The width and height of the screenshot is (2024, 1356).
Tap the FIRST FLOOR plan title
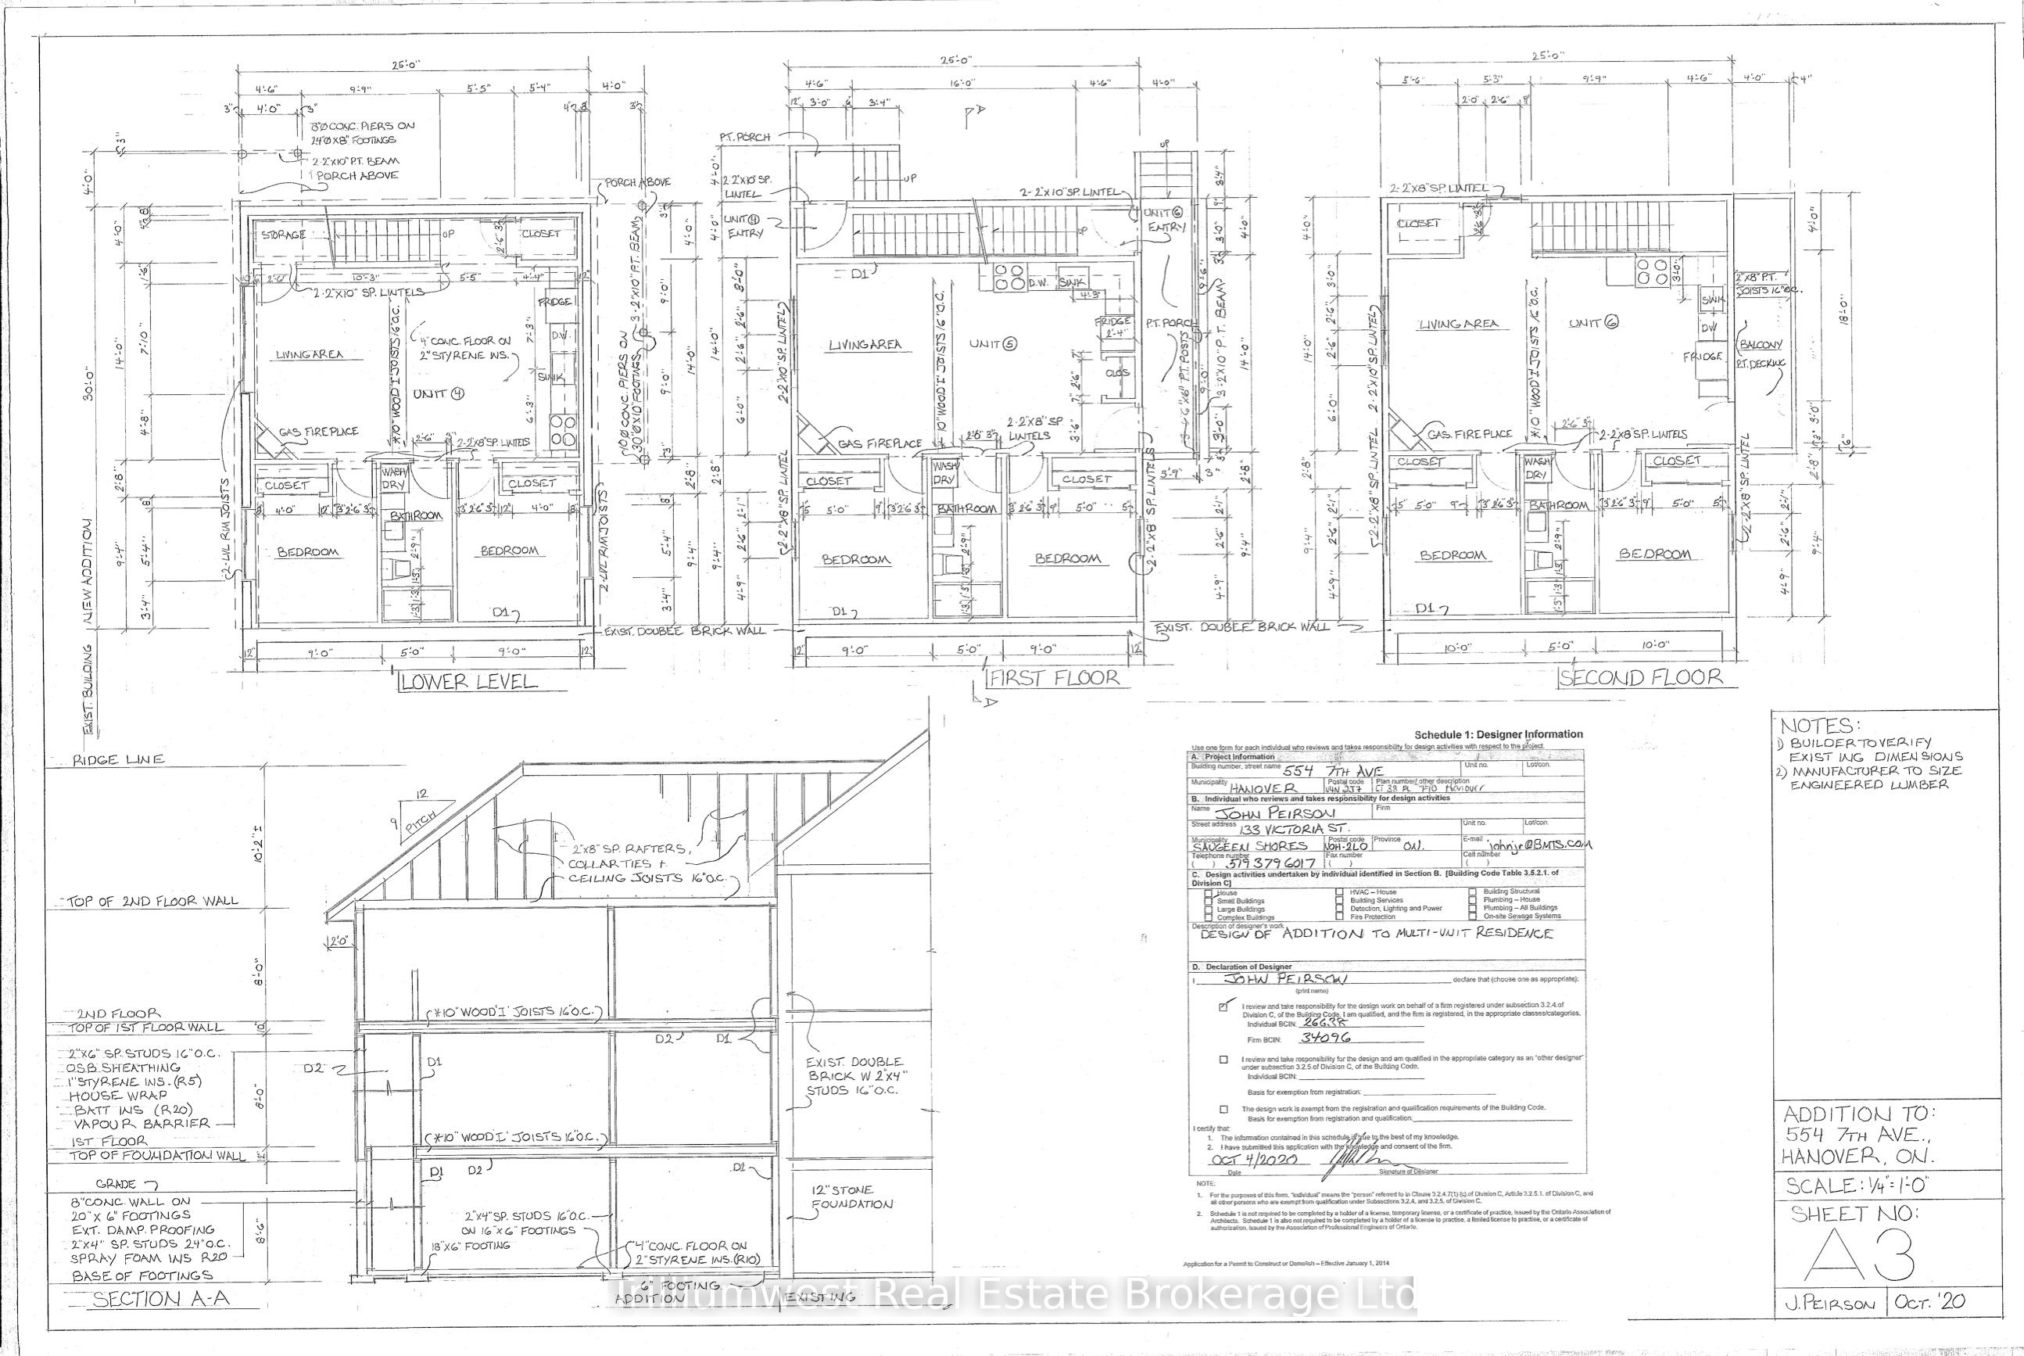coord(1054,678)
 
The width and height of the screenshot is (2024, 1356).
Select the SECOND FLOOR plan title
coord(1640,678)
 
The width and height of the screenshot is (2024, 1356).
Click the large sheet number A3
coord(1861,1257)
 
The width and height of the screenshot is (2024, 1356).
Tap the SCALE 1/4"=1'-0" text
coord(1855,1186)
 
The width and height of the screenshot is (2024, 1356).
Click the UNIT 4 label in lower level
coord(439,393)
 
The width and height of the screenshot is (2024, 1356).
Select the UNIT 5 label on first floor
coord(993,343)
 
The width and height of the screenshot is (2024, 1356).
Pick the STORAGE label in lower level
coord(284,235)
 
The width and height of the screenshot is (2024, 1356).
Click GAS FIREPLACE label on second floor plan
coord(1469,434)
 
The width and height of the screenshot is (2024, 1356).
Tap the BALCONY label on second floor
coord(1761,344)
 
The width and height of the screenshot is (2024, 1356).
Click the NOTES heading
coord(1817,726)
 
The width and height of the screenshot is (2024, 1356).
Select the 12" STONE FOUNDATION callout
coord(851,1197)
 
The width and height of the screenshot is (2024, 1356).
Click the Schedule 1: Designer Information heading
coord(1499,734)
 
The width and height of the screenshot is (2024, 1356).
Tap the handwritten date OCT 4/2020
coord(1252,1160)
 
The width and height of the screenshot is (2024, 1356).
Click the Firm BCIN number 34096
coord(1325,1038)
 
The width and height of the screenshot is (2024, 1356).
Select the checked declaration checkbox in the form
coord(1223,1006)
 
